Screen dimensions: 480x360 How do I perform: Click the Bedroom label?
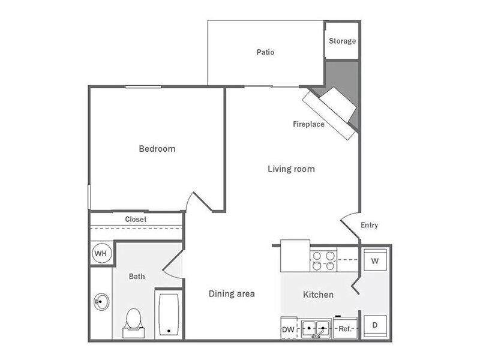coord(157,149)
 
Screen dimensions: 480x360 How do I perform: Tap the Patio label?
coord(265,52)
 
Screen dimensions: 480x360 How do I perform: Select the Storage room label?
coord(342,41)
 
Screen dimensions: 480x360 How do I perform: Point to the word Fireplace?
coord(308,124)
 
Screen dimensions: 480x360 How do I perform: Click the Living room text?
coord(291,169)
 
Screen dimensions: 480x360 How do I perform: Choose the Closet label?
coord(136,219)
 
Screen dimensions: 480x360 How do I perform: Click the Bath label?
coord(137,277)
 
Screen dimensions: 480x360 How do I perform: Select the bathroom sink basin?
coord(101,302)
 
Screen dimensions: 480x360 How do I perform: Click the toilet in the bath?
coord(133,323)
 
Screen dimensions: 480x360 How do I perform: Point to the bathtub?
coord(169,314)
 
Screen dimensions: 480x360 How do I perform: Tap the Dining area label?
coord(232,294)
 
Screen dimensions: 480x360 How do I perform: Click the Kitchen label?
coord(318,295)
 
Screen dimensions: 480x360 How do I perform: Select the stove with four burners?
coord(323,260)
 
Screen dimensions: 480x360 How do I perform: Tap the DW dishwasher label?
coord(288,329)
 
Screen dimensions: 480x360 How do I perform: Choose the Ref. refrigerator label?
coord(344,329)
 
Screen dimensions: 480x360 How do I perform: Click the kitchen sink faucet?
coord(318,334)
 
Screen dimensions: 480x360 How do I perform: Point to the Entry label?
coord(369,226)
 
